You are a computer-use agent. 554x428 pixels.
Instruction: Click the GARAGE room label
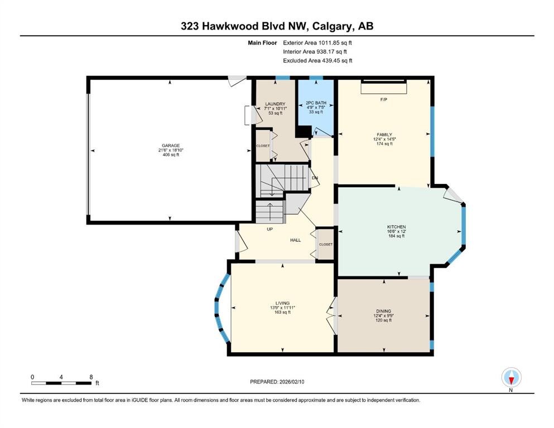pyautogui.click(x=170, y=145)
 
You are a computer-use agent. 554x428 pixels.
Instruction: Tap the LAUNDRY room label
pyautogui.click(x=275, y=104)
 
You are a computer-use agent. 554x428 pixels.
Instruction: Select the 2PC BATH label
pyautogui.click(x=316, y=103)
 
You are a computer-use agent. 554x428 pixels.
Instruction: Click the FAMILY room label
pyautogui.click(x=384, y=134)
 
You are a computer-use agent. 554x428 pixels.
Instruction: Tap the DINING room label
pyautogui.click(x=383, y=311)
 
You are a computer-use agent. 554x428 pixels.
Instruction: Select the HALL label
pyautogui.click(x=295, y=240)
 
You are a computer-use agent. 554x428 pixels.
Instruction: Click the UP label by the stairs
pyautogui.click(x=269, y=229)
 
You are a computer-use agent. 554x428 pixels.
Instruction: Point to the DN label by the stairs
pyautogui.click(x=315, y=178)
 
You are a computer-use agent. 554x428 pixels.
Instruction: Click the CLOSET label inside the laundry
pyautogui.click(x=263, y=146)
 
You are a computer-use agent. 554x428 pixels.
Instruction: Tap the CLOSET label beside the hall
pyautogui.click(x=325, y=244)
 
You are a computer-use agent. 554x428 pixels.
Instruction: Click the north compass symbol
pyautogui.click(x=511, y=378)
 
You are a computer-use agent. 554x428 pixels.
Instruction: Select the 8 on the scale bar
pyautogui.click(x=91, y=377)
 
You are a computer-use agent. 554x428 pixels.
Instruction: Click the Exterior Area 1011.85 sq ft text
pyautogui.click(x=317, y=42)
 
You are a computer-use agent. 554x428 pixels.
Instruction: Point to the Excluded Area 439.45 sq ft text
pyautogui.click(x=317, y=61)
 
